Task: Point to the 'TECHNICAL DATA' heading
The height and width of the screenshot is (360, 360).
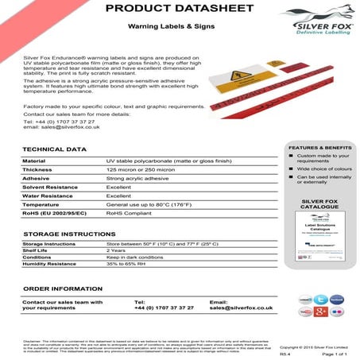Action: pyautogui.click(x=55, y=149)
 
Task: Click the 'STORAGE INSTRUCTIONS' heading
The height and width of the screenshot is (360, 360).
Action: pyautogui.click(x=69, y=234)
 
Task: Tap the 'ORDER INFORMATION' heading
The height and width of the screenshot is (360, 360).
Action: pyautogui.click(x=63, y=288)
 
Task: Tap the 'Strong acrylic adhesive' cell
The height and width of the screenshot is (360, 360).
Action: pyautogui.click(x=137, y=178)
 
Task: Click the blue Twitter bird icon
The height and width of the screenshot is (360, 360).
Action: pyautogui.click(x=321, y=300)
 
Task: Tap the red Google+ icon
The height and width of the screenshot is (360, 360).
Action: pyautogui.click(x=321, y=312)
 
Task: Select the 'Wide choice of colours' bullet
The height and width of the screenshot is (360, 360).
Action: pyautogui.click(x=323, y=169)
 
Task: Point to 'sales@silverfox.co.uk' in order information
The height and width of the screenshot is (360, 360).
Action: pyautogui.click(x=242, y=308)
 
